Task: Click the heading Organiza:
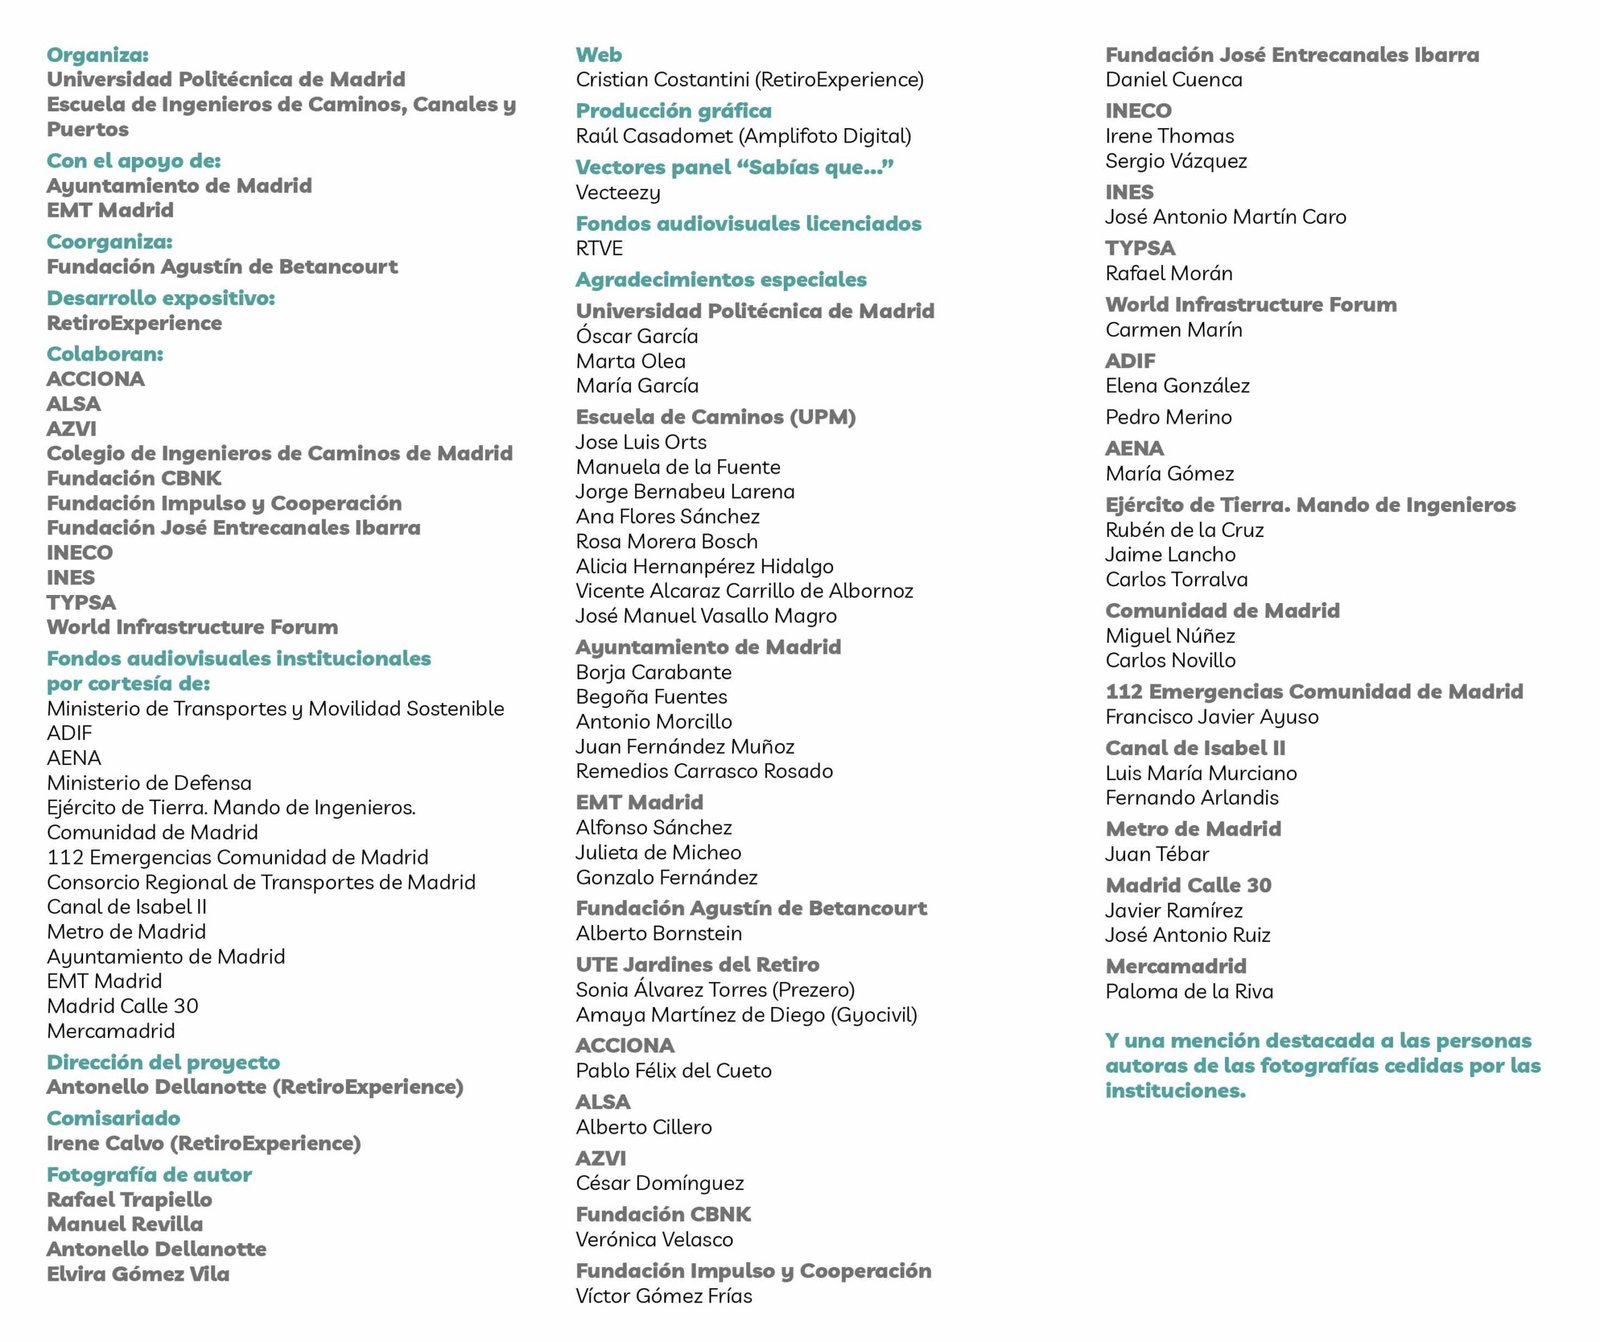click(97, 55)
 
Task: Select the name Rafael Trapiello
click(129, 1199)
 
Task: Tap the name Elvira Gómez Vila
click(138, 1274)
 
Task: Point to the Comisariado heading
click(113, 1118)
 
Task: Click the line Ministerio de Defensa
click(149, 783)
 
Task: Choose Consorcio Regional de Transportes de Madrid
click(261, 882)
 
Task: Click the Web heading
click(598, 55)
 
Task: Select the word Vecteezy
click(617, 193)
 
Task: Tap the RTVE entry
click(599, 249)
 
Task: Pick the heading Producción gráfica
click(673, 111)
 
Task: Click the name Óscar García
click(636, 337)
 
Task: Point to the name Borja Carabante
click(653, 673)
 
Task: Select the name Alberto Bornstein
click(658, 934)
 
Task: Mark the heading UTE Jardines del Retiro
click(697, 965)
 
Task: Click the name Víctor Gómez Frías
click(663, 1296)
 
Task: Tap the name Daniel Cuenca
click(1173, 80)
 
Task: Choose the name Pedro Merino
click(1168, 417)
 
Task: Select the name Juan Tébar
click(1156, 854)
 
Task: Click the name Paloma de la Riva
click(1188, 992)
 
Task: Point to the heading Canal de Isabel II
click(1195, 748)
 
